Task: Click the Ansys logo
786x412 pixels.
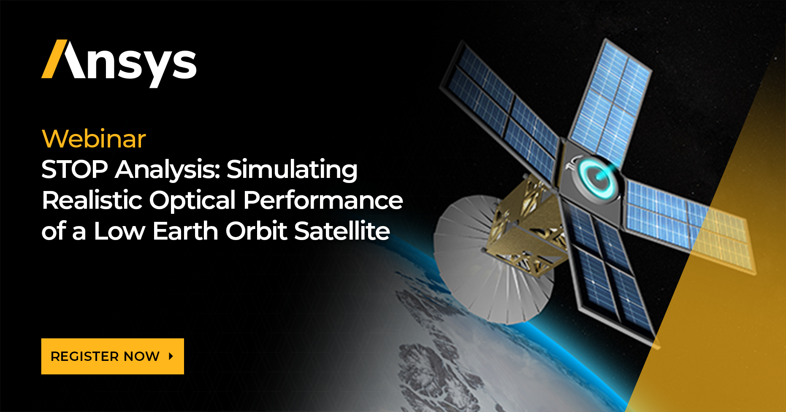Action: pos(119,61)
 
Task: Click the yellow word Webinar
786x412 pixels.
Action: pos(94,139)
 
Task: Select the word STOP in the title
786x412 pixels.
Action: pos(75,169)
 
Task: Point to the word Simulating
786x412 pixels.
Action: pos(292,170)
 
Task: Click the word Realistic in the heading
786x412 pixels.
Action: pos(92,200)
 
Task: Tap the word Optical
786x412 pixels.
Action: pos(192,201)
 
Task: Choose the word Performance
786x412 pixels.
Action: pos(323,200)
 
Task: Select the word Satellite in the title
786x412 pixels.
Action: pos(342,231)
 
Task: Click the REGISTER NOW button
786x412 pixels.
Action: pos(112,356)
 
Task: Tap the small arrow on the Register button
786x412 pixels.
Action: pos(171,356)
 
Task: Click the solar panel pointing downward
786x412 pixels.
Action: pos(608,270)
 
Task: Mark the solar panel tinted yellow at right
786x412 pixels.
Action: pos(718,237)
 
